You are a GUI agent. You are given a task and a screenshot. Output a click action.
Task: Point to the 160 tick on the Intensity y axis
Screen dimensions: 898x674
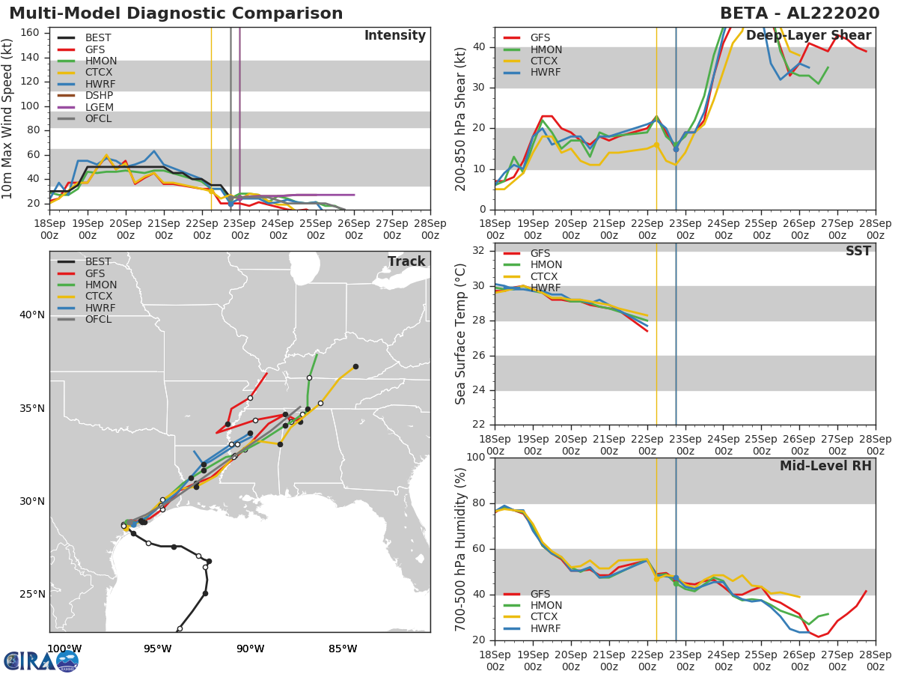tap(30, 33)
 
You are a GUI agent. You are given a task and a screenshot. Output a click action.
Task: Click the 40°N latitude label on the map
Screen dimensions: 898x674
tap(32, 315)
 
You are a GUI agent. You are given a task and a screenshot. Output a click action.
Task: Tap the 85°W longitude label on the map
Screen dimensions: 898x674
tap(343, 649)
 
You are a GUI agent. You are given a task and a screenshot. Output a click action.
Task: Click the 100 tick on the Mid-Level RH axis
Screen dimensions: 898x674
tap(476, 457)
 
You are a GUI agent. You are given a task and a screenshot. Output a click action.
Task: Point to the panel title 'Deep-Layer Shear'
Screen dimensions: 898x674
tap(808, 36)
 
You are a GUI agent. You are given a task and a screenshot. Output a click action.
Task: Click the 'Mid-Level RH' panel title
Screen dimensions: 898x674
tap(825, 466)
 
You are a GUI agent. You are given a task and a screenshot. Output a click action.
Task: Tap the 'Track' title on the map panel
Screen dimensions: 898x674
tap(406, 261)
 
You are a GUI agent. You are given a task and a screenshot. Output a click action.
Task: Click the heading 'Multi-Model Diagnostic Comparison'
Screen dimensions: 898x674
tap(176, 13)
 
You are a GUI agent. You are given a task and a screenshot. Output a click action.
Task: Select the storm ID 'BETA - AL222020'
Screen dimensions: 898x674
tap(800, 13)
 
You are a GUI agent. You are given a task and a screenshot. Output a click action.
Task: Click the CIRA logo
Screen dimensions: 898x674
tap(41, 661)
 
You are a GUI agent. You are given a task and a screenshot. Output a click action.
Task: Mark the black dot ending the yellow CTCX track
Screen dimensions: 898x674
tap(355, 367)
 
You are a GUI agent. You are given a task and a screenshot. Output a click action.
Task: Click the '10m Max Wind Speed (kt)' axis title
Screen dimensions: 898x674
tap(7, 118)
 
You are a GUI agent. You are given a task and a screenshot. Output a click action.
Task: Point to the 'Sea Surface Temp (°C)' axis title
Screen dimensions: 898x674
tap(460, 334)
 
